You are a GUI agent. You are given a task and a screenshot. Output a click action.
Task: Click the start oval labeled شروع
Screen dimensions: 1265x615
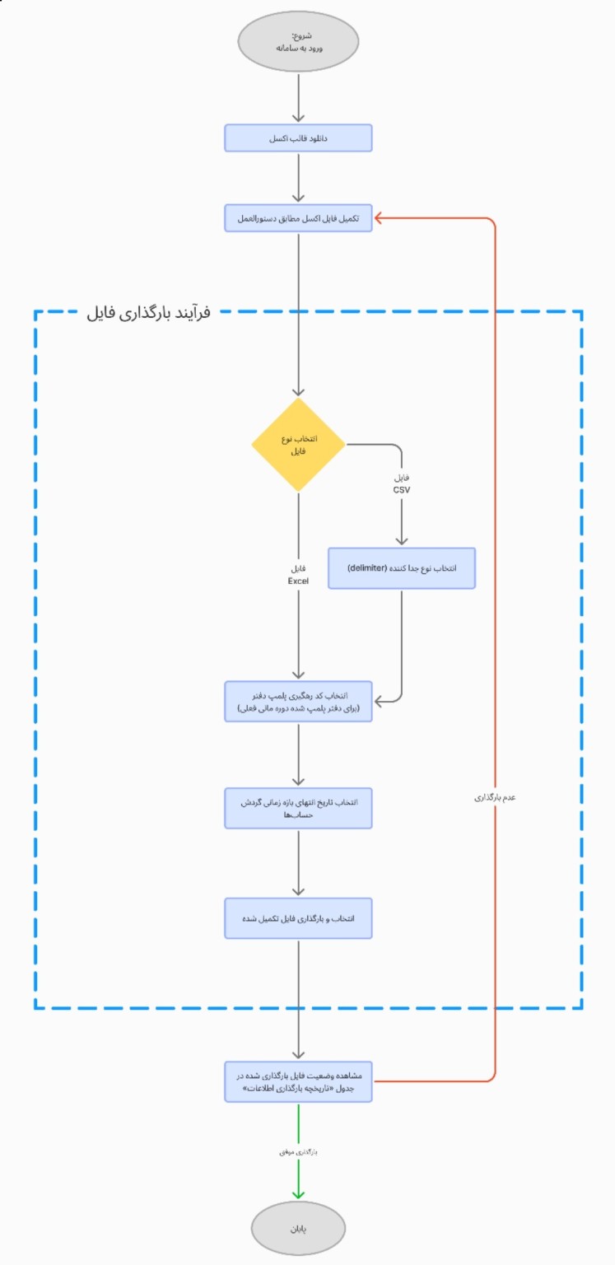pos(298,42)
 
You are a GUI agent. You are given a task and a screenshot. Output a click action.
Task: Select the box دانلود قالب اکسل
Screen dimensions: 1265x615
pos(298,138)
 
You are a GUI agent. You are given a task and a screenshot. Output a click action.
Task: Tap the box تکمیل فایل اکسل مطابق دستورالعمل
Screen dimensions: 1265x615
pos(298,218)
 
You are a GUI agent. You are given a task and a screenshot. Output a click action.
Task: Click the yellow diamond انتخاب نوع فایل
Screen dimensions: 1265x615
pos(298,446)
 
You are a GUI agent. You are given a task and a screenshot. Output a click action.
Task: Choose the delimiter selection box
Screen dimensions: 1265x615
pos(402,568)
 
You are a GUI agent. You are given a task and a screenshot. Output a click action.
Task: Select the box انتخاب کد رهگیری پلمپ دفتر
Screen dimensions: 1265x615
pos(298,701)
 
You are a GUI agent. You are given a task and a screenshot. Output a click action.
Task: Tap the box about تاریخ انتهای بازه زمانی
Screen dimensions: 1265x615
pos(298,808)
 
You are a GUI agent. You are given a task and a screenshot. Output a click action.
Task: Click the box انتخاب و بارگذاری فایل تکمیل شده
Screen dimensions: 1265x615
pos(298,917)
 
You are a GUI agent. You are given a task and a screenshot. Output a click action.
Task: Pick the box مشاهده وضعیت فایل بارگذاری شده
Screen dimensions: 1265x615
pos(298,1081)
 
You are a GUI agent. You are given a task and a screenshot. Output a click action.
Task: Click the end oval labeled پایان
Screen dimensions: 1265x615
pos(298,1228)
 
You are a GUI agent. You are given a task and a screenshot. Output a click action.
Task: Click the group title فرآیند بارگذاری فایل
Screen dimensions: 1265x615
pos(149,313)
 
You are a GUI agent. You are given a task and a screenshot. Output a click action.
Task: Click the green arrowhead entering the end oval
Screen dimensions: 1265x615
pos(298,1193)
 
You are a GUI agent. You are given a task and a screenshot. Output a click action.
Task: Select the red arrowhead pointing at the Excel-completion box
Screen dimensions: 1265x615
pos(379,218)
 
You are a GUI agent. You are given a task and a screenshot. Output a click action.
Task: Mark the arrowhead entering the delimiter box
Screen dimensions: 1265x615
pos(402,541)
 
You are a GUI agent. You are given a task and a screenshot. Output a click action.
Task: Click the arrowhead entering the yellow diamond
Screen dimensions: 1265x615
pos(298,392)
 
